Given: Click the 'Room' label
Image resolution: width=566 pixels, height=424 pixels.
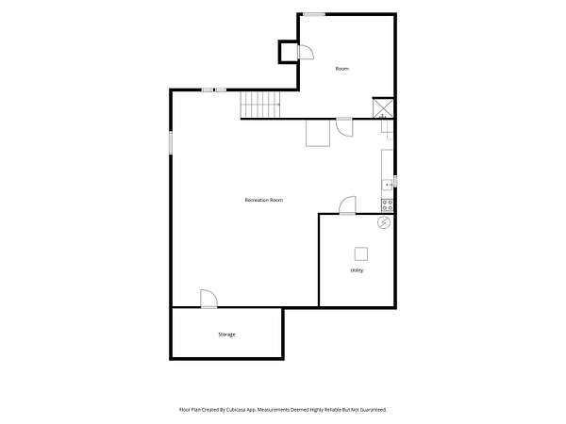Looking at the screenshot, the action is pyautogui.click(x=342, y=69).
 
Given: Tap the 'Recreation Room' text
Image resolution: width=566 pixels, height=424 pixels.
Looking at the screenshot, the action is pyautogui.click(x=264, y=200).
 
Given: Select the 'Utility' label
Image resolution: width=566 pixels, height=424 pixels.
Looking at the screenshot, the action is pyautogui.click(x=357, y=270).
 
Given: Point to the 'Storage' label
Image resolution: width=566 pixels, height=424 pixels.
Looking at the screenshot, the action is pyautogui.click(x=226, y=334).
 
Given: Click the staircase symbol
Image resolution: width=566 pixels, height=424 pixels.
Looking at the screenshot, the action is pyautogui.click(x=260, y=105).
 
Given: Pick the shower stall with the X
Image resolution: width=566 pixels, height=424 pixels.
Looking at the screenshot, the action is pyautogui.click(x=383, y=107).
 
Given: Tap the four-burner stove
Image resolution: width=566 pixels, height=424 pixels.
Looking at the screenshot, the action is pyautogui.click(x=388, y=205).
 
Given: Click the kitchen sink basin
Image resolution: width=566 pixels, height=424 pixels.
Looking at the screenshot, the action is pyautogui.click(x=388, y=185).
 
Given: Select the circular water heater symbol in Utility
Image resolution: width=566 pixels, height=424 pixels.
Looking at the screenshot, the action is pyautogui.click(x=384, y=222).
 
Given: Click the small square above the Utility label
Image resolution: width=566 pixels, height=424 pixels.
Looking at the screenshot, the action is pyautogui.click(x=361, y=254).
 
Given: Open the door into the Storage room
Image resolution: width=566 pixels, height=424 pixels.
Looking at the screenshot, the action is pyautogui.click(x=209, y=299).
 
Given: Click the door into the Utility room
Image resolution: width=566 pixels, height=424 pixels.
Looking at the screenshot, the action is pyautogui.click(x=347, y=205).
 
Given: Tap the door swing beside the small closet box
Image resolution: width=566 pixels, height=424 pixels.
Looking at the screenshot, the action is pyautogui.click(x=306, y=52).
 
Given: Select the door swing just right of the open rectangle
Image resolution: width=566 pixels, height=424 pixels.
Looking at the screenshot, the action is pyautogui.click(x=344, y=127).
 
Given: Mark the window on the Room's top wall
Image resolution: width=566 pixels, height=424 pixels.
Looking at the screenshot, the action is pyautogui.click(x=314, y=14).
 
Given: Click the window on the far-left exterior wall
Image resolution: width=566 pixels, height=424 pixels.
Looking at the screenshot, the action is pyautogui.click(x=171, y=142).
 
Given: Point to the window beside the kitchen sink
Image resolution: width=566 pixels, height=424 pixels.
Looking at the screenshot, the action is pyautogui.click(x=395, y=181).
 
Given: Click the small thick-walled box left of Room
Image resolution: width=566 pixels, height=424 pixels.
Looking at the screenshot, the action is pyautogui.click(x=288, y=52).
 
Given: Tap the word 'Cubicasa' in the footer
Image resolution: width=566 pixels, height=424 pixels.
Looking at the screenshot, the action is pyautogui.click(x=237, y=410).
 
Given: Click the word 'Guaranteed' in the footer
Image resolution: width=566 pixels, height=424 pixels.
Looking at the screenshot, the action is pyautogui.click(x=375, y=410).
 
